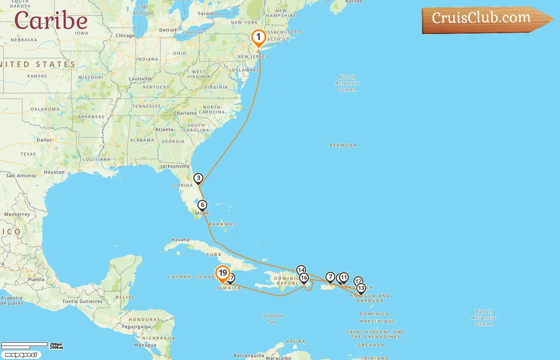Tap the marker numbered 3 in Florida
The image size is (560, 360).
click(x=198, y=178)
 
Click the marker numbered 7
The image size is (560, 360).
click(x=330, y=277)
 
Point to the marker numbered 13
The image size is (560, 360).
click(x=361, y=288)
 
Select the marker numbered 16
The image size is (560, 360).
click(x=304, y=278)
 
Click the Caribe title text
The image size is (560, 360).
click(x=51, y=21)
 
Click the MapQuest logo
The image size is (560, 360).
click(x=21, y=355)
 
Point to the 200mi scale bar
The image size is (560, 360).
click(x=25, y=344)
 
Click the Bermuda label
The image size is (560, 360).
click(x=343, y=146)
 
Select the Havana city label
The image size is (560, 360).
click(x=180, y=240)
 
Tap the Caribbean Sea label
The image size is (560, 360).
click(x=272, y=319)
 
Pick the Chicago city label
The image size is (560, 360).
click(x=125, y=36)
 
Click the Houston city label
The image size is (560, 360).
click(x=54, y=172)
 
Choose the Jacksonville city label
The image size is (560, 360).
click(x=175, y=166)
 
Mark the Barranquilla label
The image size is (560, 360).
click(x=249, y=355)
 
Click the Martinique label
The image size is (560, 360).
click(x=377, y=321)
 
